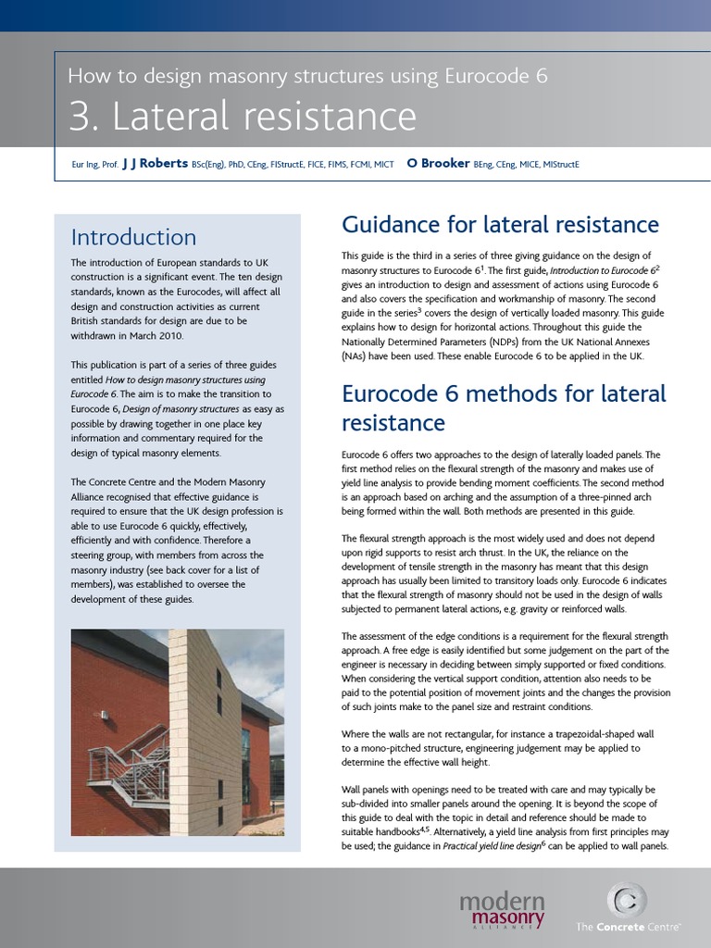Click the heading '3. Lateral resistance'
click(x=242, y=117)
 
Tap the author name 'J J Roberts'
click(x=155, y=164)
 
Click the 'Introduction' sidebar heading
click(x=133, y=237)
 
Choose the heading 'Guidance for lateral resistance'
click(x=500, y=225)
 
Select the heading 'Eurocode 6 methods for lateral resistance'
click(x=504, y=407)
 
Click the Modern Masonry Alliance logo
click(x=502, y=908)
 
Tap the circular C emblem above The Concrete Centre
click(x=626, y=899)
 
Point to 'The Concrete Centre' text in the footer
click(x=630, y=926)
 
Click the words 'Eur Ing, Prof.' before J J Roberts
click(x=94, y=165)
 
